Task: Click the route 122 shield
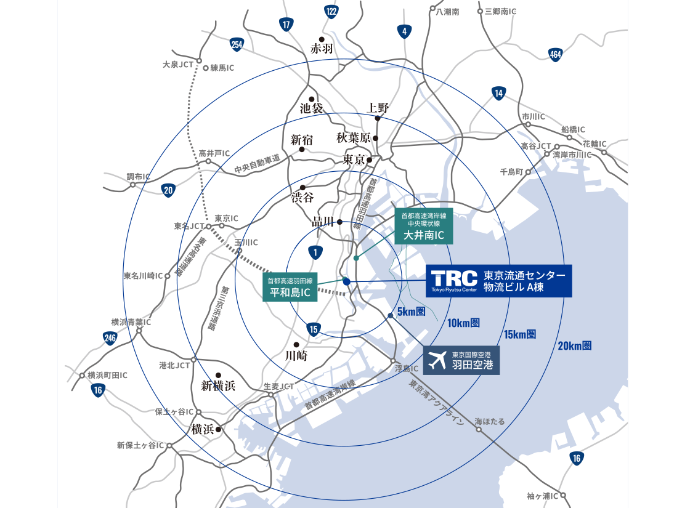tap(332, 11)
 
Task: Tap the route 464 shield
tap(556, 55)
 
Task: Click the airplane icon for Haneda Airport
tap(437, 360)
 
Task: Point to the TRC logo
tap(454, 280)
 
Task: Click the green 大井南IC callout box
tap(424, 226)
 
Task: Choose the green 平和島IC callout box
tap(290, 287)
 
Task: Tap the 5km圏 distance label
tap(412, 312)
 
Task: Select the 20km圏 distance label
tap(575, 345)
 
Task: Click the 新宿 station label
tap(302, 140)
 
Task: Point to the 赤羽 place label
tap(322, 49)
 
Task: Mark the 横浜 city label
tap(203, 429)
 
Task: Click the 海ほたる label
tap(490, 421)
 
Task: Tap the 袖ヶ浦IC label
tap(542, 496)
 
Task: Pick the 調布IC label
tap(139, 177)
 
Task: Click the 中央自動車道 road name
tap(257, 164)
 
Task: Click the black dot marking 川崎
tap(296, 344)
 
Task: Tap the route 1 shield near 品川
tap(315, 252)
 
